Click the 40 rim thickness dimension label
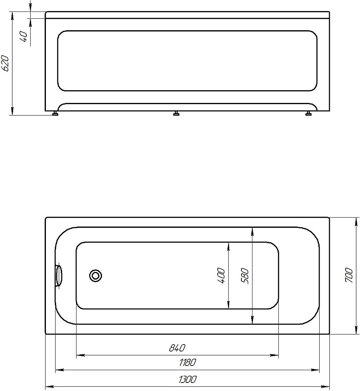(24, 36)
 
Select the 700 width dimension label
(349, 275)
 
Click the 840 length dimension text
(177, 348)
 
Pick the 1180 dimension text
(187, 363)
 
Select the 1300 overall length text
(187, 379)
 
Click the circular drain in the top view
(96, 276)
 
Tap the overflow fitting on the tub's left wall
(58, 275)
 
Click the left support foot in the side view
(55, 113)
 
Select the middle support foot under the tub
(176, 113)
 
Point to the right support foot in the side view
(309, 113)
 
